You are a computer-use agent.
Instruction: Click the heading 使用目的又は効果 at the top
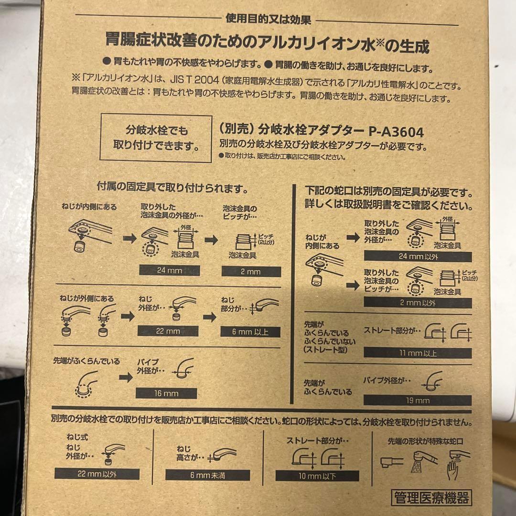pos(268,20)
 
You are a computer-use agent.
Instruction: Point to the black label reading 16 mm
pos(166,393)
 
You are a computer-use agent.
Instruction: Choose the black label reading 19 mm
pos(418,400)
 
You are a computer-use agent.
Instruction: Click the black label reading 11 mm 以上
pos(417,353)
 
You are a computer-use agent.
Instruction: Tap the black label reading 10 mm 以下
pos(318,476)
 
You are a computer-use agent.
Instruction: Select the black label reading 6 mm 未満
pos(208,475)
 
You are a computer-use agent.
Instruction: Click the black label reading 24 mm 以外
pos(418,256)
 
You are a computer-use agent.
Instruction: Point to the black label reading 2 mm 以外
pos(418,303)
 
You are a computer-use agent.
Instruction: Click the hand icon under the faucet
pos(453,470)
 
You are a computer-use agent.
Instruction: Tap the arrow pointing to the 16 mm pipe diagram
pos(126,377)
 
